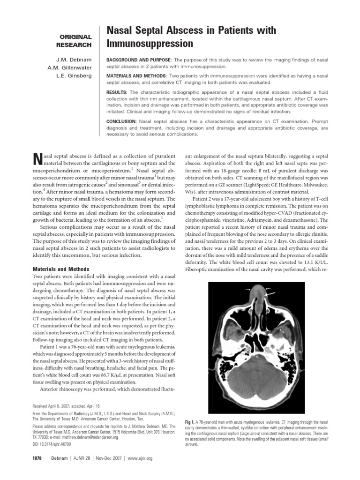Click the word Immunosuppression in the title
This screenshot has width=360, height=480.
[150, 44]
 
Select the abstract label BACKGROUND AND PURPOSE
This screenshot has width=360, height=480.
[140, 60]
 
